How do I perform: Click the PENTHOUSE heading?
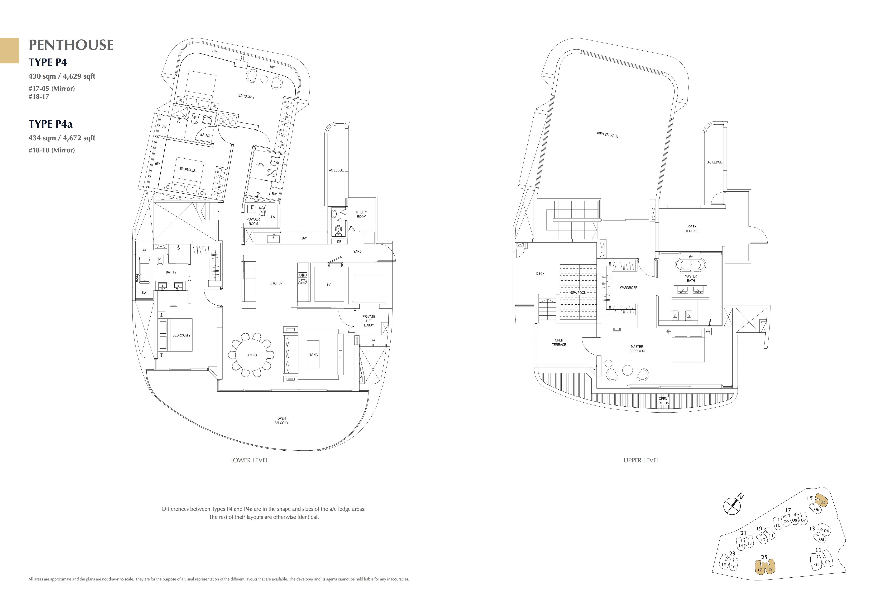tap(71, 45)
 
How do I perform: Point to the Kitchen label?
tap(276, 283)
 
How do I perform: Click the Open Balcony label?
tap(281, 421)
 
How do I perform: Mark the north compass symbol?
tap(732, 506)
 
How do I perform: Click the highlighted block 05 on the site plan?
tap(823, 502)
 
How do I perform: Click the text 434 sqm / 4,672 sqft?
tap(62, 138)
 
